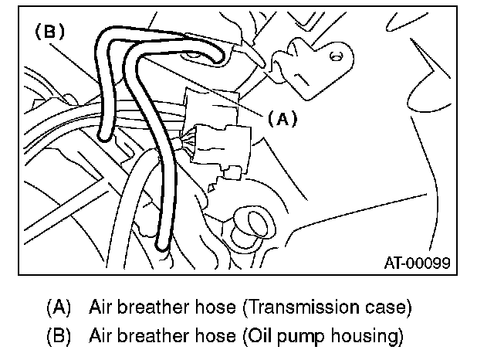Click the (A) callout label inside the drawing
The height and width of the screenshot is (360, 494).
[282, 119]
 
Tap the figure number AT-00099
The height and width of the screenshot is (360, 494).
[418, 262]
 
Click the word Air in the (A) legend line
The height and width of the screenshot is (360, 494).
[100, 307]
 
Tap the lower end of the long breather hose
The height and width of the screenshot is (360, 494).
[162, 247]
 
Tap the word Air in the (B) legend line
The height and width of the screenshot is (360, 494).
[100, 336]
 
